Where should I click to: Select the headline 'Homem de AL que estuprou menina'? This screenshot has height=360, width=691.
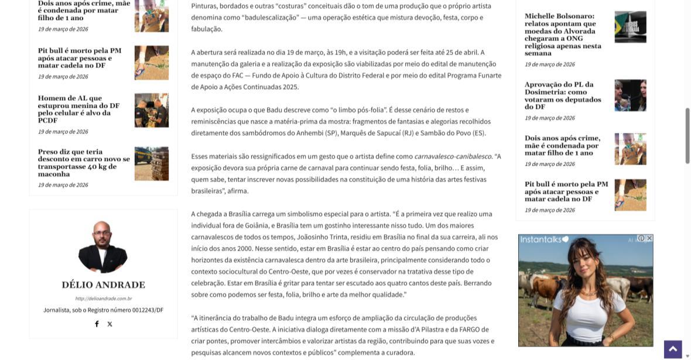pos(78,109)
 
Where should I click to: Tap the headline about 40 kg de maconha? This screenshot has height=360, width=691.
pos(84,163)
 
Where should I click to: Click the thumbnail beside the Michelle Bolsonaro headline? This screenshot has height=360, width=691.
pos(630,27)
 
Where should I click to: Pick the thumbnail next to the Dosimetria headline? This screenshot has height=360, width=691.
pos(630,95)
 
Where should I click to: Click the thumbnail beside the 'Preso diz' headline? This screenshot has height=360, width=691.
pos(151,163)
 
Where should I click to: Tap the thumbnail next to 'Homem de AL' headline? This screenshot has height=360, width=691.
pos(151,110)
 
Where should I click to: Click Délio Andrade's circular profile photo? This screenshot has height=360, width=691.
pos(103,247)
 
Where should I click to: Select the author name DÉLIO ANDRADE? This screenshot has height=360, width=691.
pos(103,285)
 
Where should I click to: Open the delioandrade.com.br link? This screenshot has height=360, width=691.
pos(103,299)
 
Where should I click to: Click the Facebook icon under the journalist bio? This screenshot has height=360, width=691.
pos(97,324)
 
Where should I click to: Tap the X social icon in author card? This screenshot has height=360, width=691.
pos(110,324)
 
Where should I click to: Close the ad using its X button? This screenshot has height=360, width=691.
pos(649,238)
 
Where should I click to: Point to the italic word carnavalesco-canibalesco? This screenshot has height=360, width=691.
pos(453,156)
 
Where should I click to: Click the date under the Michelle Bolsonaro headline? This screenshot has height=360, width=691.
pos(549,64)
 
